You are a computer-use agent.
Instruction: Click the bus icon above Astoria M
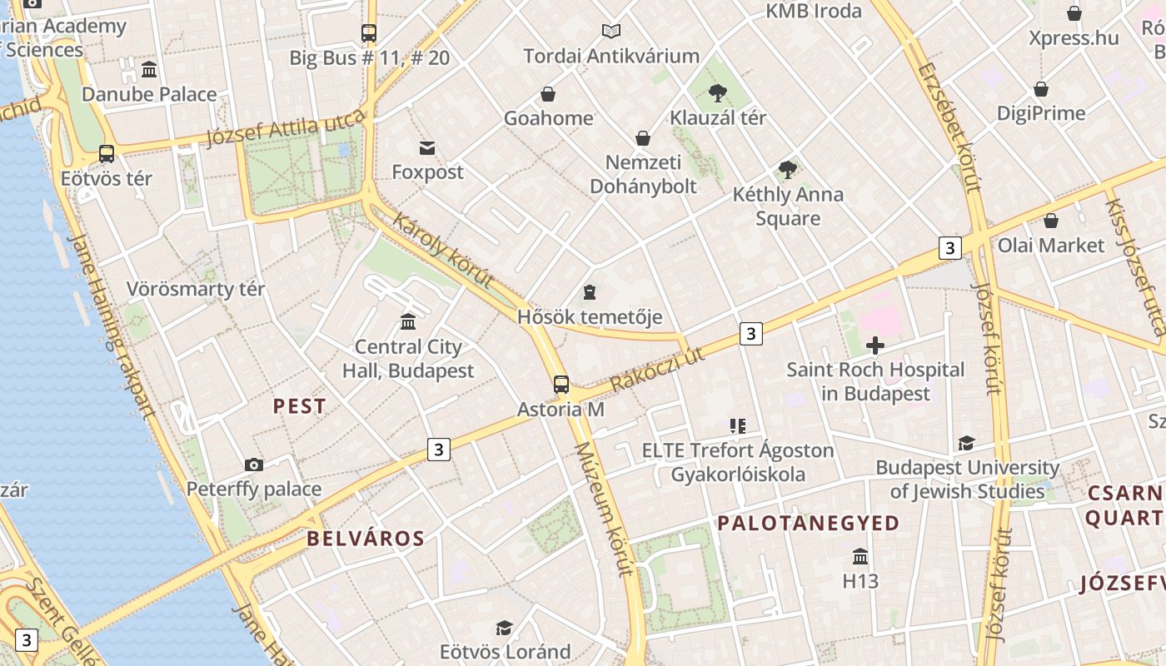[x=561, y=385]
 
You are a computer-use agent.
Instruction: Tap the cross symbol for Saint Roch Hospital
[x=875, y=345]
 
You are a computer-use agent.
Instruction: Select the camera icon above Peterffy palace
[x=254, y=465]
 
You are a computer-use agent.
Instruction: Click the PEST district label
[x=300, y=406]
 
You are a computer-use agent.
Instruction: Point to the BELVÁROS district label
[x=366, y=539]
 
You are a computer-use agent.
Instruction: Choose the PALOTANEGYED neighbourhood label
[x=809, y=523]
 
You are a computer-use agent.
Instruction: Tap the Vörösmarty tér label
[x=196, y=289]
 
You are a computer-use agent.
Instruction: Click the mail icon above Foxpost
[x=427, y=148]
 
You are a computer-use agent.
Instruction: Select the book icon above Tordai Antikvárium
[x=611, y=32]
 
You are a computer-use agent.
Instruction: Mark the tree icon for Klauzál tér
[x=718, y=93]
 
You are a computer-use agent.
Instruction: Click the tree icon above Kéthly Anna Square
[x=787, y=170]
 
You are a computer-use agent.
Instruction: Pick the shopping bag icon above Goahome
[x=548, y=94]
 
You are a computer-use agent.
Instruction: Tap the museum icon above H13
[x=860, y=556]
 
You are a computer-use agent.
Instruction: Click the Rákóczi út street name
[x=657, y=370]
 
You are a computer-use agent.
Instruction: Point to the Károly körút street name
[x=443, y=250]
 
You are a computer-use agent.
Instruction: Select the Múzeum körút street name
[x=605, y=509]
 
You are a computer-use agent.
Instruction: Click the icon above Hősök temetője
[x=590, y=292]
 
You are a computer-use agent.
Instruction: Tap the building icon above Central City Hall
[x=408, y=321]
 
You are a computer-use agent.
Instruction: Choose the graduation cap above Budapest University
[x=966, y=443]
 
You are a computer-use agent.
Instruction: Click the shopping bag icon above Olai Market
[x=1051, y=221]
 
